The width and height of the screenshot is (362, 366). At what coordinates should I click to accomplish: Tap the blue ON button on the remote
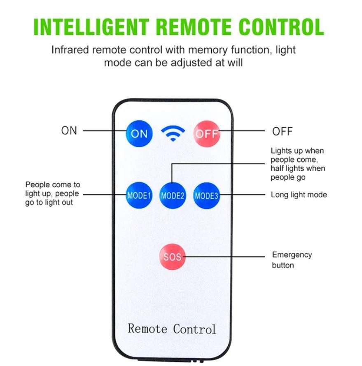click(139, 133)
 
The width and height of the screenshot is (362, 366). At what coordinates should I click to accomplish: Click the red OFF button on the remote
click(207, 133)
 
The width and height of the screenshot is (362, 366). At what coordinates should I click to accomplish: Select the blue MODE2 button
click(173, 195)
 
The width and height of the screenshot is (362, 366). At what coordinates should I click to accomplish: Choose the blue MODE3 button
click(206, 195)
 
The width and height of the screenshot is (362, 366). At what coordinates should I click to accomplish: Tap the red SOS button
click(172, 257)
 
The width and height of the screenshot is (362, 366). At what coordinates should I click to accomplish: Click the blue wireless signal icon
click(173, 133)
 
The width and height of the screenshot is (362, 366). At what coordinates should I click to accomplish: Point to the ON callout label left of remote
click(69, 131)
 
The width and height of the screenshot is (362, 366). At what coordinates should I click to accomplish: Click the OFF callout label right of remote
click(283, 132)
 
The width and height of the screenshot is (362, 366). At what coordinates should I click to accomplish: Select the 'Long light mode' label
click(299, 195)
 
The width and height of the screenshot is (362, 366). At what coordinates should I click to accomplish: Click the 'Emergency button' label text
click(292, 260)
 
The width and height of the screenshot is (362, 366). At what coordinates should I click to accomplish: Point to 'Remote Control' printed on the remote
click(172, 329)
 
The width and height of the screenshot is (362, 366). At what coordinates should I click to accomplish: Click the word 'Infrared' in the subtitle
click(70, 50)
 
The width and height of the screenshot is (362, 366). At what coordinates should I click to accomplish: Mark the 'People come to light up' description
click(52, 193)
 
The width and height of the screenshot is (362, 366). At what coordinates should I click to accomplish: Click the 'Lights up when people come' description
click(297, 164)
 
